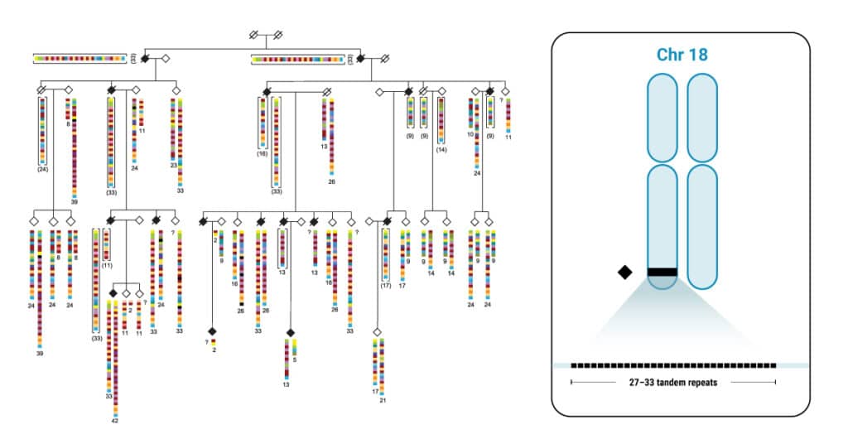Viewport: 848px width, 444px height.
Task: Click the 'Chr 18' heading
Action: point(682,55)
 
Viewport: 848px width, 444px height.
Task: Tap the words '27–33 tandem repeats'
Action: point(672,383)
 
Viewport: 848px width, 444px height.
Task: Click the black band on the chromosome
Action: point(662,272)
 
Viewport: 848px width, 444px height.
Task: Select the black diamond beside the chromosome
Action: point(625,272)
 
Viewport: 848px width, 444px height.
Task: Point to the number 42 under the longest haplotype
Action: point(115,420)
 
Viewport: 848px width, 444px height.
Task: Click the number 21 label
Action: point(383,400)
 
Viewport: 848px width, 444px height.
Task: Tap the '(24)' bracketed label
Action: point(43,168)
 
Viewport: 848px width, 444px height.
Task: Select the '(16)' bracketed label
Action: point(263,153)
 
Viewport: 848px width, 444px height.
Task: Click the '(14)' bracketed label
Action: point(441,150)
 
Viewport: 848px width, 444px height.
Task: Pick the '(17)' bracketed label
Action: point(385,285)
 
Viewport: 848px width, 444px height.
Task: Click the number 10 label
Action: point(470,133)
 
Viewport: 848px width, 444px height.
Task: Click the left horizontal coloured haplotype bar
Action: point(79,58)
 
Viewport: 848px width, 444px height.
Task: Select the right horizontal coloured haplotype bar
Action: point(297,60)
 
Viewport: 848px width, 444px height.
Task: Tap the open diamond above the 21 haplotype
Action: point(377,331)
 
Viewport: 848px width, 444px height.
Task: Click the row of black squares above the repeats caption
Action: point(672,364)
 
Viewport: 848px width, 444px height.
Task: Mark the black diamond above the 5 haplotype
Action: point(290,332)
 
